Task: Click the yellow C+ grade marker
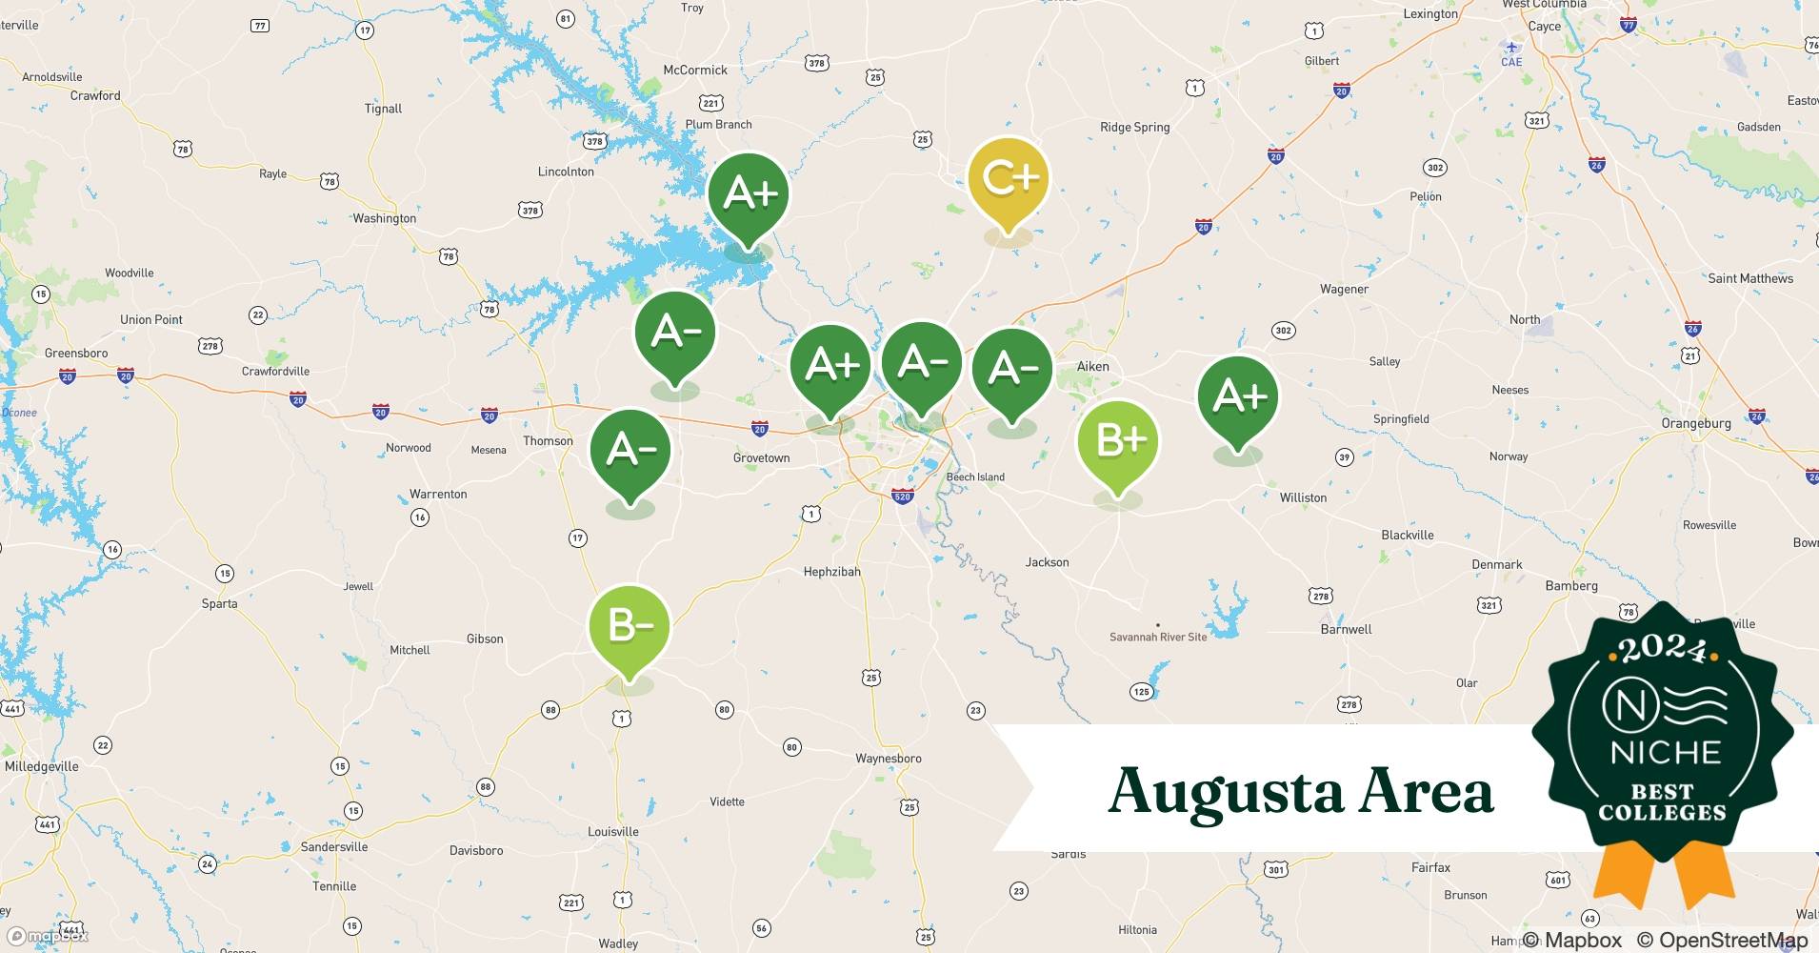pos(1008,179)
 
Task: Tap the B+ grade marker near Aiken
pos(1117,441)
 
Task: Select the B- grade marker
pos(630,626)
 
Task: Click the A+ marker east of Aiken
pos(1237,396)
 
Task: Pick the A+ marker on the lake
pos(749,194)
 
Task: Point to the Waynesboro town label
pos(888,759)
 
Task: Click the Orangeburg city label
pos(1695,423)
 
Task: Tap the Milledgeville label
pos(42,766)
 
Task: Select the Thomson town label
pos(548,440)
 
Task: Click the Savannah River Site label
pos(1157,637)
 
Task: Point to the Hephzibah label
pos(831,572)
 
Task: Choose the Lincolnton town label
pos(566,172)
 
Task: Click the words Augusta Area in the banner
pos(1301,791)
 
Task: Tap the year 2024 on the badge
pos(1662,650)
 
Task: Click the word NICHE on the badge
pos(1665,753)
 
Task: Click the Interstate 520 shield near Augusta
pos(902,496)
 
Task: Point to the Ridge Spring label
pos(1134,127)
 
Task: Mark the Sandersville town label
pos(333,846)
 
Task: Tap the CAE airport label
pos(1511,62)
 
